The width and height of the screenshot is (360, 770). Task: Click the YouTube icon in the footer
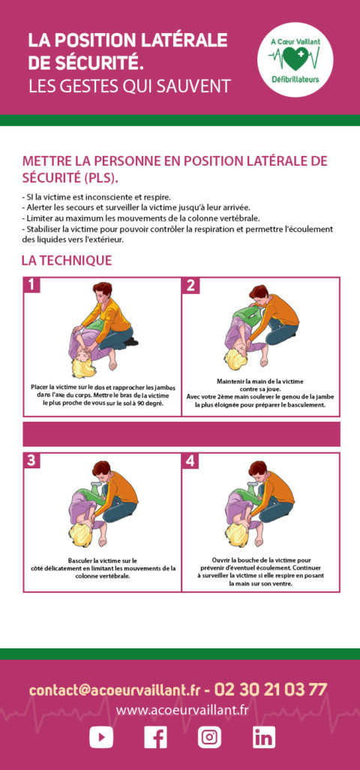101,738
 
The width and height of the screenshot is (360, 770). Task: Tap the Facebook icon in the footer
155,738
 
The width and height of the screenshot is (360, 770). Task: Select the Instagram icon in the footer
209,738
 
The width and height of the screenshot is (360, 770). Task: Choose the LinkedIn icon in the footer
263,738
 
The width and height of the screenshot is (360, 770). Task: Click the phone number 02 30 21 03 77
271,689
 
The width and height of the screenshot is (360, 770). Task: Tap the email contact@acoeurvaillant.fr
115,690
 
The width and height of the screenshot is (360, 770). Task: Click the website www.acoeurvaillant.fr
181,710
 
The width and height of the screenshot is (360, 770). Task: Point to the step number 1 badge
31,285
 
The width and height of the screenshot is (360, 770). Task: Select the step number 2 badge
190,285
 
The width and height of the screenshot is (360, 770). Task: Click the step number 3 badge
31,461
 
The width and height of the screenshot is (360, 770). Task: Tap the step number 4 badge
190,461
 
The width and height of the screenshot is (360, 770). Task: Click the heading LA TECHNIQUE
67,260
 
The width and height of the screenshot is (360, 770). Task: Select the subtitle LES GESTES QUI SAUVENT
129,86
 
